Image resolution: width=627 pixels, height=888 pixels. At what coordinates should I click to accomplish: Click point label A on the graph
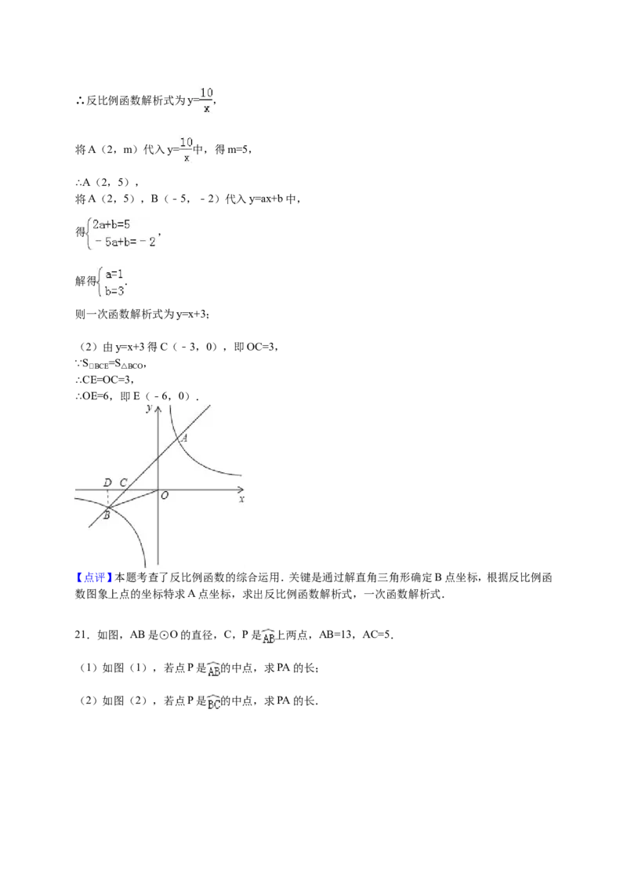click(x=184, y=437)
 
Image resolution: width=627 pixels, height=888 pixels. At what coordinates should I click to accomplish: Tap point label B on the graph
click(x=106, y=515)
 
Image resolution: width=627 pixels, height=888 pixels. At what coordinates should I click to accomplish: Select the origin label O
click(x=165, y=496)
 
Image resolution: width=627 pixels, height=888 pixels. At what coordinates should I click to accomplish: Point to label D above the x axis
click(x=107, y=482)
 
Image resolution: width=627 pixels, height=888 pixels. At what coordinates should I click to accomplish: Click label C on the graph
click(x=123, y=482)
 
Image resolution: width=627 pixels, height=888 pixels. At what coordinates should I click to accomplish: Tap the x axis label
click(x=241, y=499)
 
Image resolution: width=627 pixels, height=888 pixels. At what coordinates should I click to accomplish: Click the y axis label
click(x=149, y=409)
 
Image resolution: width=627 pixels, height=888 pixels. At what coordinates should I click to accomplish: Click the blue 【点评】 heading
click(x=94, y=577)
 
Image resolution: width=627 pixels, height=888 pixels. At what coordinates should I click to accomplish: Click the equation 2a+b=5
click(x=111, y=224)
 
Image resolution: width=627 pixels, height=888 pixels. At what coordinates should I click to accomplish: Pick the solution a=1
click(x=114, y=275)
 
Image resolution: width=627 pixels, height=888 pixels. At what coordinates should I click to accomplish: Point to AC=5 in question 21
click(x=375, y=635)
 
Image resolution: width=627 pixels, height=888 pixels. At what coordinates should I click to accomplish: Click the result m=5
click(x=237, y=150)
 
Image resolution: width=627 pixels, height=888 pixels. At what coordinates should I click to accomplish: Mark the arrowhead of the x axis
click(x=243, y=489)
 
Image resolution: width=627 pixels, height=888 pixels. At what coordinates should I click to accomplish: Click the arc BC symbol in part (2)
click(x=213, y=702)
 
